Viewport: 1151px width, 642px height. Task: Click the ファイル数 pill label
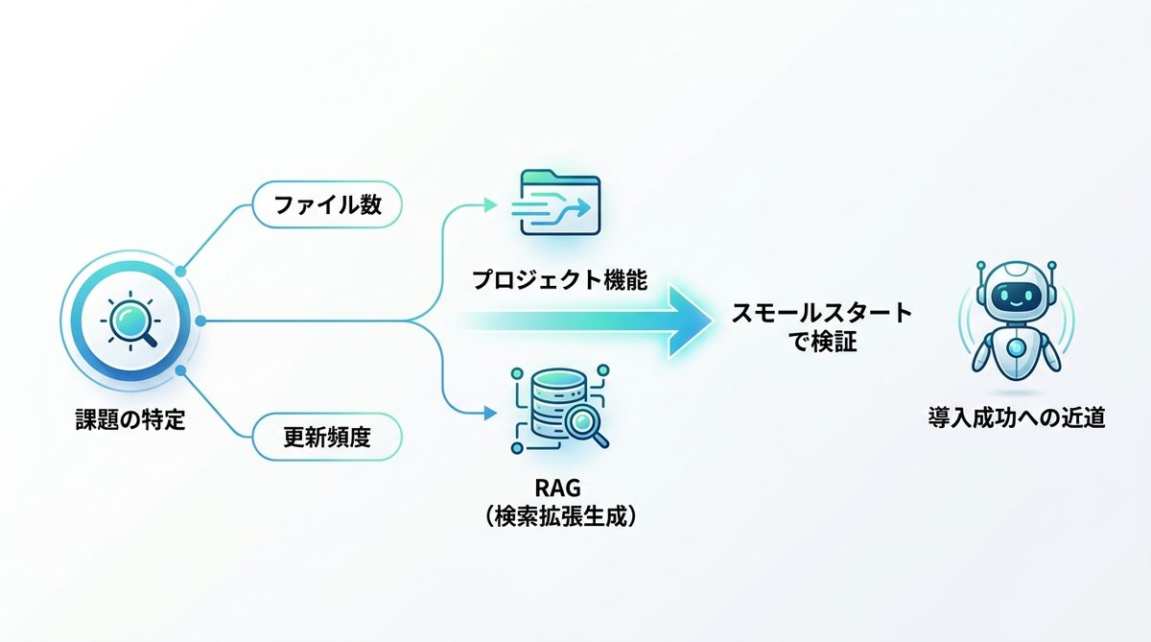(326, 204)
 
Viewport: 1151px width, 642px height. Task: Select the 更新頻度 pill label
(326, 439)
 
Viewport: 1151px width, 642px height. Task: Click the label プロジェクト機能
(559, 280)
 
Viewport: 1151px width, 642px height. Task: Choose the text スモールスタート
(822, 313)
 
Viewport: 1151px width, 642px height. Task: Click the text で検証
(822, 341)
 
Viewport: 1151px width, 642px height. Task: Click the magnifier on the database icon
(588, 423)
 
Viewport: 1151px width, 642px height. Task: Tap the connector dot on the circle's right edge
(200, 321)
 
